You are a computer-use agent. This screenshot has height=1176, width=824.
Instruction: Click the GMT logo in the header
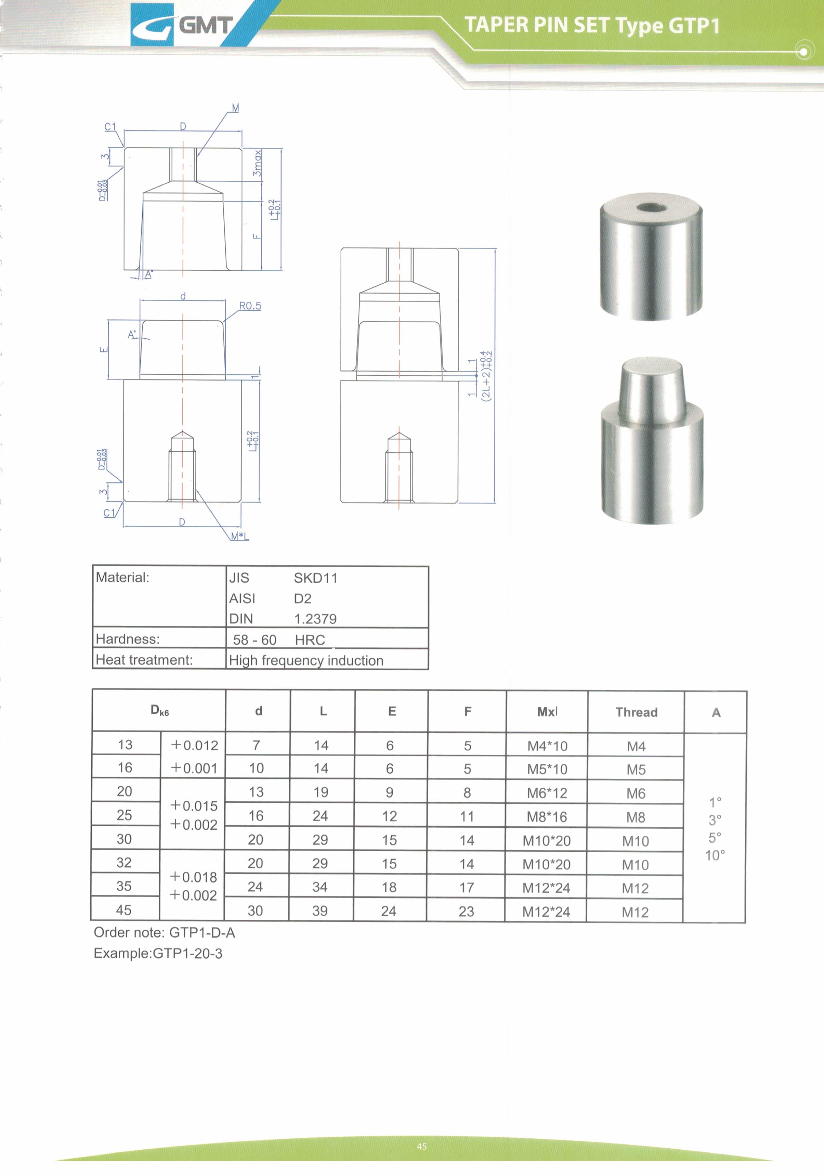(182, 25)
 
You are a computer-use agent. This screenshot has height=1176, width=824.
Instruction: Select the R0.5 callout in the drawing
(250, 306)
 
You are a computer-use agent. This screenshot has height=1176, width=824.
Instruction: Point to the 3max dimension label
(257, 163)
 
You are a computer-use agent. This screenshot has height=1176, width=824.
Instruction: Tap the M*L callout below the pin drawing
(240, 536)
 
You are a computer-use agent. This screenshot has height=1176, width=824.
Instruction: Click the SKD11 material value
(315, 578)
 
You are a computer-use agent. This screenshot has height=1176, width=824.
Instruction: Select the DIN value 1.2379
(315, 619)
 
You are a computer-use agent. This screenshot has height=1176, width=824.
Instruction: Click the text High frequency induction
(306, 660)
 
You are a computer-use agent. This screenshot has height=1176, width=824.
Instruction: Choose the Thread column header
(636, 712)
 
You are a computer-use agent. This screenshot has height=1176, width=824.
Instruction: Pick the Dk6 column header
(159, 710)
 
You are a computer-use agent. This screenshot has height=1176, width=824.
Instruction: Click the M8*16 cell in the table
(547, 817)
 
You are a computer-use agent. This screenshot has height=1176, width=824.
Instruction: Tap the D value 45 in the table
(124, 910)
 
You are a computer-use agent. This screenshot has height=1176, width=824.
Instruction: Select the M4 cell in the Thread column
(636, 746)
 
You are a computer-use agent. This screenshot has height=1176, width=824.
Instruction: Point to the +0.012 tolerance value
(194, 745)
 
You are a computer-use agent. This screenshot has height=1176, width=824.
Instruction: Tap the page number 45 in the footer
(421, 1146)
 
